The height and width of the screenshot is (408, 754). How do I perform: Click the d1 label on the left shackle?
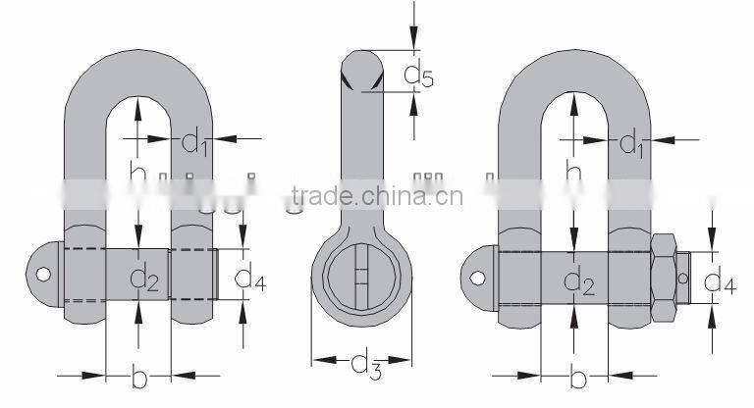(x=195, y=143)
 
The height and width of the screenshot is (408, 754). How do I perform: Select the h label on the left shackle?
(x=138, y=174)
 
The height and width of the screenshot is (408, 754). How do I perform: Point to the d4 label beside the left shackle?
(x=250, y=280)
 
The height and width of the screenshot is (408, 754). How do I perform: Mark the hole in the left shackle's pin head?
(x=40, y=274)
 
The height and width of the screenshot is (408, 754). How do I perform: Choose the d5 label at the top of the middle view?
(x=419, y=74)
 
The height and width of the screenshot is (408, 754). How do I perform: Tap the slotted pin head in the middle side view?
(x=360, y=274)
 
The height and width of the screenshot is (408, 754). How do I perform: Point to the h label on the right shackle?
(x=574, y=174)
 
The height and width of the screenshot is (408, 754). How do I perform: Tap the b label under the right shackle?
(x=578, y=378)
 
